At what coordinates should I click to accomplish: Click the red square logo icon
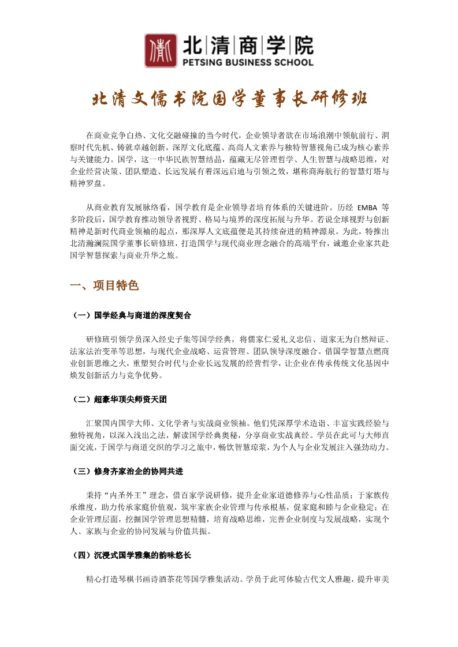[x=160, y=51]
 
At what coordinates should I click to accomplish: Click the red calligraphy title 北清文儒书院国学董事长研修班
[x=229, y=99]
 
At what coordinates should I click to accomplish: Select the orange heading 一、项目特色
[x=104, y=286]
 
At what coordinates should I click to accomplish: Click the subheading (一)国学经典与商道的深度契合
[x=130, y=315]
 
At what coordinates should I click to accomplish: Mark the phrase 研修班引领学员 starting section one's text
[x=114, y=338]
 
